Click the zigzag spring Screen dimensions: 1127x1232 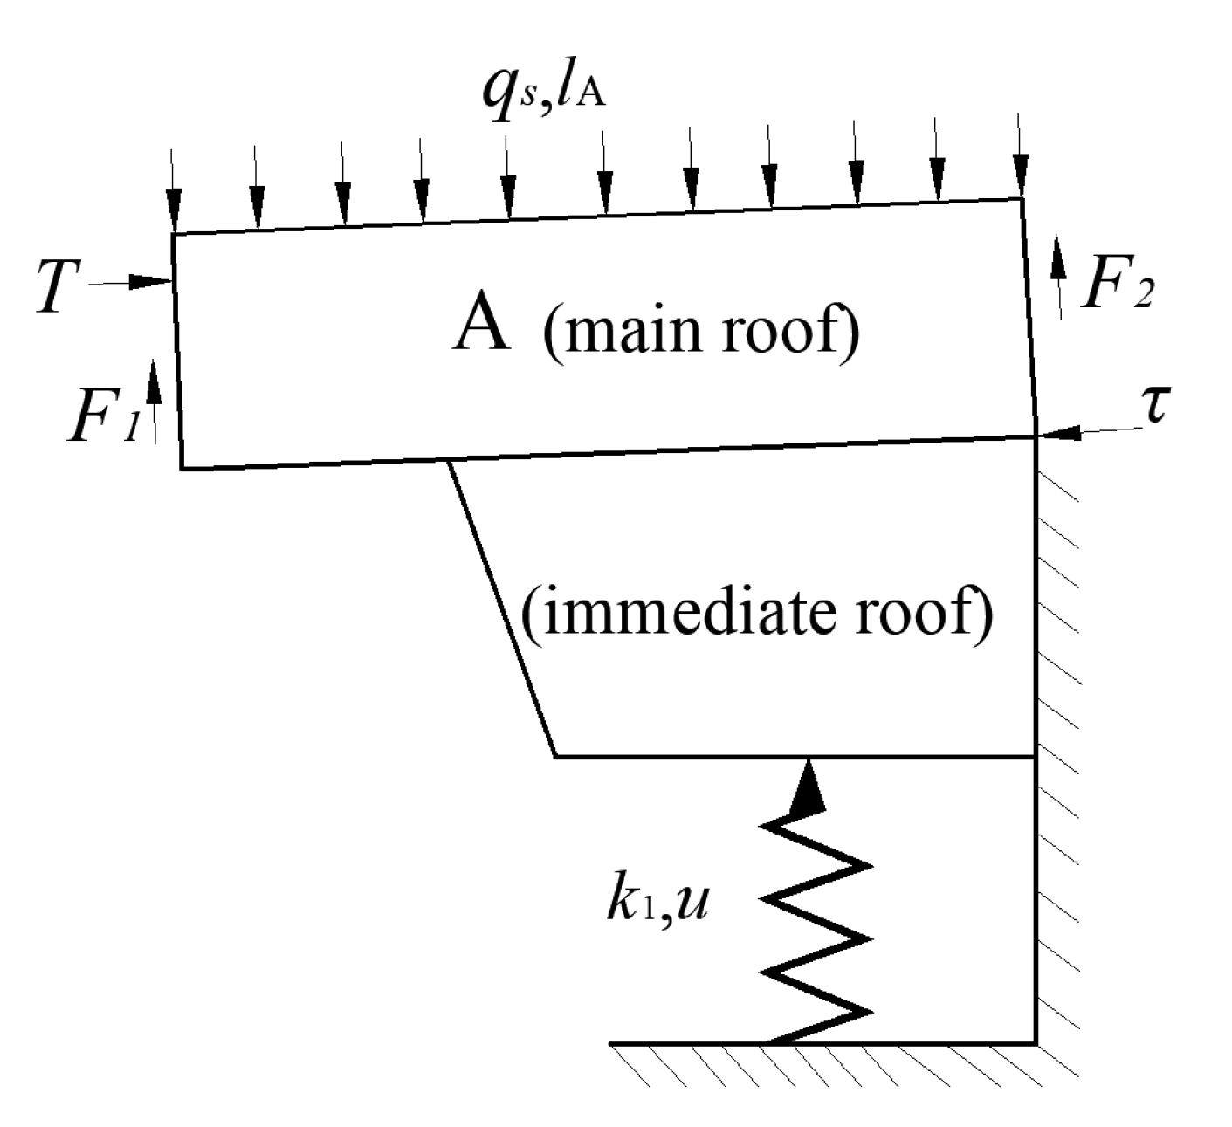816,925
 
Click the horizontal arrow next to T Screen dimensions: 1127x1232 131,282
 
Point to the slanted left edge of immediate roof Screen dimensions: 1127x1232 502,611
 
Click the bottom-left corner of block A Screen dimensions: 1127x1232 182,469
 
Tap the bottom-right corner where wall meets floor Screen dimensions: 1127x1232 1036,1042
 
